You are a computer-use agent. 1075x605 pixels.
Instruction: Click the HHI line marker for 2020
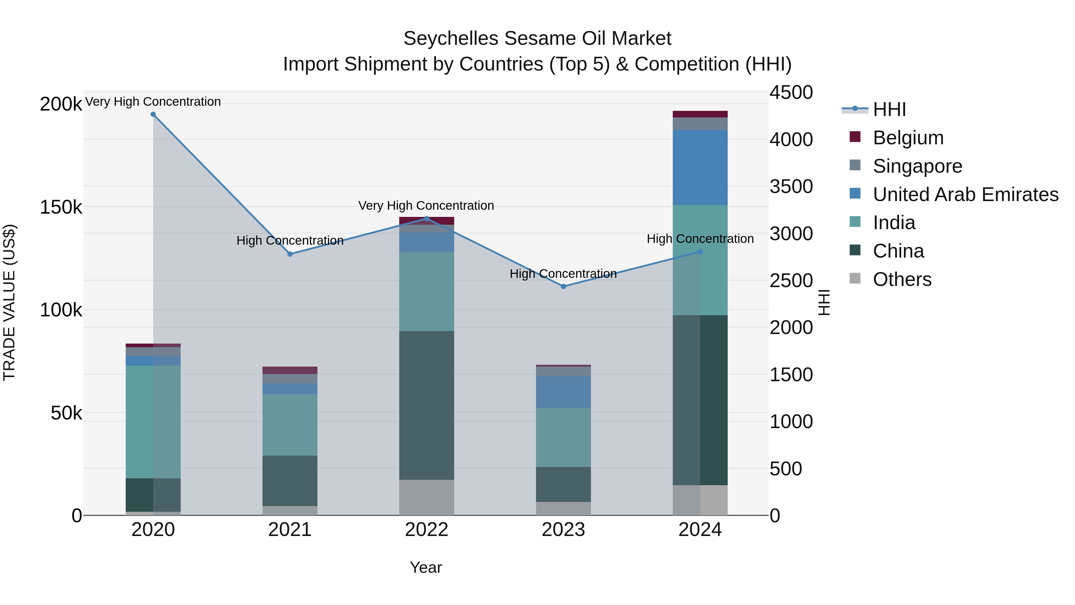(153, 114)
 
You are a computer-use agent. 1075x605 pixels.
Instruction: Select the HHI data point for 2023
(563, 287)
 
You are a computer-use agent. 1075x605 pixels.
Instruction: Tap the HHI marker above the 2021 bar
(290, 254)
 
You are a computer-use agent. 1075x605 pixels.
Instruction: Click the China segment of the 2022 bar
(426, 405)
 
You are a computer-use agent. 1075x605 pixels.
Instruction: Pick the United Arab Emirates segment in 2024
(700, 167)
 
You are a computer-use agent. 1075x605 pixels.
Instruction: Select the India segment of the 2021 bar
(290, 425)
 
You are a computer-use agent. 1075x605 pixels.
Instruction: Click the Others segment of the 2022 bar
(426, 497)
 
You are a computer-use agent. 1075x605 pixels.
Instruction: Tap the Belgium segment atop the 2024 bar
(700, 114)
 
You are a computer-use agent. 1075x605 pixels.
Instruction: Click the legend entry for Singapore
(917, 166)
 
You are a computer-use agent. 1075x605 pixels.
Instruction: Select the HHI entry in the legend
(889, 109)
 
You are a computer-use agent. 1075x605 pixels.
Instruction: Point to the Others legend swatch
(855, 278)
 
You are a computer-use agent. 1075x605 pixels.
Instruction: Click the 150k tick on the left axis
(61, 207)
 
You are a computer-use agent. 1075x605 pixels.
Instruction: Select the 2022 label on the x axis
(426, 530)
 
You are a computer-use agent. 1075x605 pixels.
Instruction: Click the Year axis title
(426, 567)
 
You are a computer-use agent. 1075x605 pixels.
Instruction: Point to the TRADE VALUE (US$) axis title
(9, 302)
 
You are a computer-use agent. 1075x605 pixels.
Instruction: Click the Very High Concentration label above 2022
(426, 206)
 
